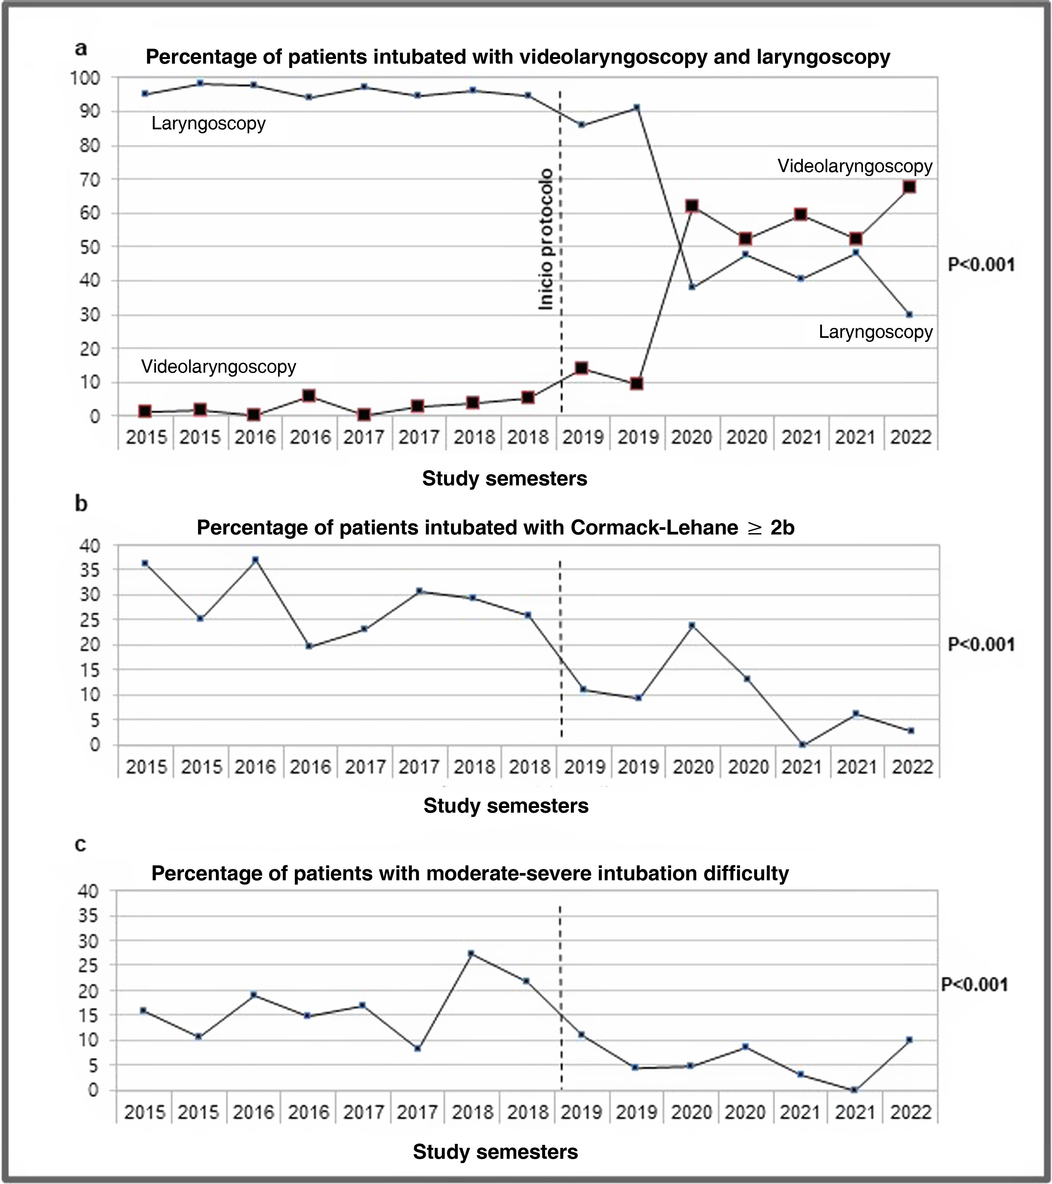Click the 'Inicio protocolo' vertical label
click(x=546, y=239)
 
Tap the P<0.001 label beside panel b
click(x=981, y=645)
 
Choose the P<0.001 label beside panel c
click(x=974, y=985)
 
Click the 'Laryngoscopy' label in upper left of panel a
click(x=208, y=123)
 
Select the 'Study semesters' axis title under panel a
click(x=504, y=478)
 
